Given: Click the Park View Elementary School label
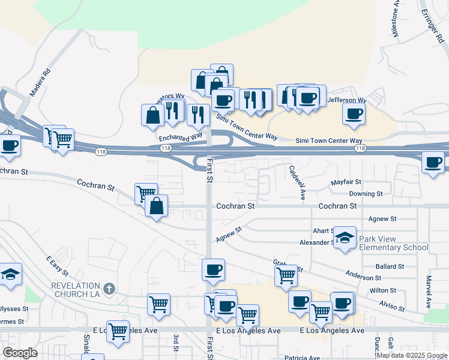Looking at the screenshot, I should click(393, 243).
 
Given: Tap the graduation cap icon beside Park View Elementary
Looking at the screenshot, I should click(345, 238).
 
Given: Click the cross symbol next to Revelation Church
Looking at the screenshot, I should click(109, 289).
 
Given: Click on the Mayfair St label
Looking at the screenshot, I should click(346, 182).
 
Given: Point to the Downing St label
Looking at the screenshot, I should click(366, 194).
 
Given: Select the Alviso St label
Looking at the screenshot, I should click(391, 307).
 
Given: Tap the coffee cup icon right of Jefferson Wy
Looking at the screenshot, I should click(354, 114).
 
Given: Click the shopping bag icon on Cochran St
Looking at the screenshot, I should click(156, 206).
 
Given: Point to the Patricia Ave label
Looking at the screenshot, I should click(302, 358).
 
